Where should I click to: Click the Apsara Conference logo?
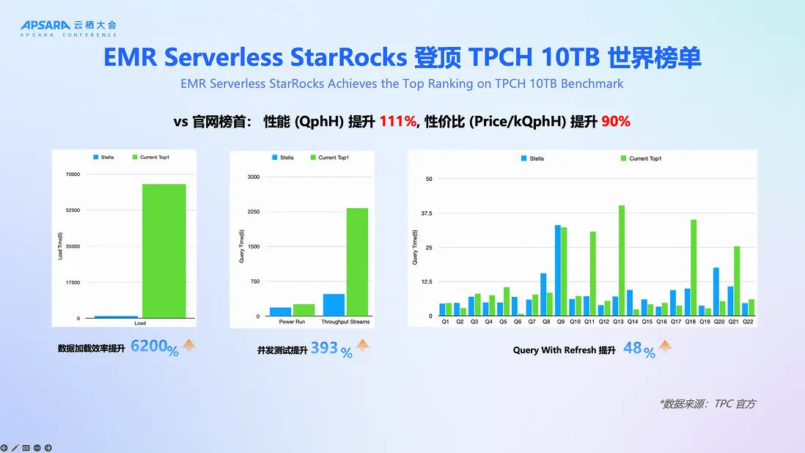(68, 28)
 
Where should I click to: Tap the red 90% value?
(616, 122)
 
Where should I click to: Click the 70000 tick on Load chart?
(73, 174)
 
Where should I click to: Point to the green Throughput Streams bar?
(358, 262)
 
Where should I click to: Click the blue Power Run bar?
(280, 312)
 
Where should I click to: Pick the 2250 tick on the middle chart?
(253, 212)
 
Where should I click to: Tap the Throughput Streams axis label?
(345, 322)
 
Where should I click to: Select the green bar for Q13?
(622, 260)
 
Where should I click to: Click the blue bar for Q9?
(558, 270)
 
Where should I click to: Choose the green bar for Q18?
(694, 268)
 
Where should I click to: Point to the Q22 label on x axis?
(747, 322)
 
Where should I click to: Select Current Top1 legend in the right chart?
(644, 158)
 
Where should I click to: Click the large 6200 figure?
(149, 347)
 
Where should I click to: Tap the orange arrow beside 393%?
(363, 346)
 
